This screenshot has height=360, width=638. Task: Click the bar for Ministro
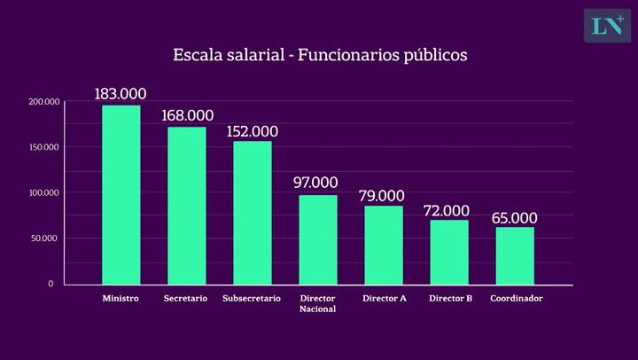point(121,195)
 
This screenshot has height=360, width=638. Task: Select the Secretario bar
point(186,206)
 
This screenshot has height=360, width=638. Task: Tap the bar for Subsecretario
point(252,213)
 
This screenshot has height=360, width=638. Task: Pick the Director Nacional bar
point(317,239)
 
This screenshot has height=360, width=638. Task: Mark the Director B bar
point(449,252)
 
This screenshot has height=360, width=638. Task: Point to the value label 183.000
point(121,94)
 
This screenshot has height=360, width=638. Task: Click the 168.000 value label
point(187,115)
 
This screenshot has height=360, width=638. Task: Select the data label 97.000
point(316,183)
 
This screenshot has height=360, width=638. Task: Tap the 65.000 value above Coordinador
point(514,217)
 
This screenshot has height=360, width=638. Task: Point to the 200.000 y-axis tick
point(43,102)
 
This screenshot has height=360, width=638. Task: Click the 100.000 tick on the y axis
point(43,192)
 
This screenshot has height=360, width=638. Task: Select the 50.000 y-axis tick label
point(45,238)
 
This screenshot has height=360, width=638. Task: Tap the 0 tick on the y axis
point(51,284)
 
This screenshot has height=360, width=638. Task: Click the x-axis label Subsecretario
point(252,299)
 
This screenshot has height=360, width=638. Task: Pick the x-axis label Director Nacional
point(317,303)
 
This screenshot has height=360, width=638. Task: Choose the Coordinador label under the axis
point(516,299)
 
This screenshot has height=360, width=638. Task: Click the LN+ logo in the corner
point(606,26)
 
